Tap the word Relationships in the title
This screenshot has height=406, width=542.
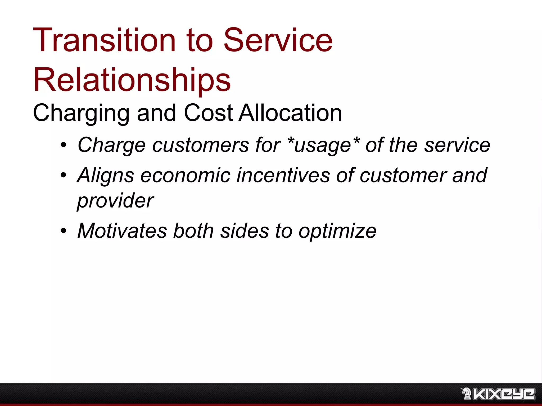132,80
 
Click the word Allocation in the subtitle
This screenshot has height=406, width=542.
290,113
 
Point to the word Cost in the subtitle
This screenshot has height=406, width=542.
208,113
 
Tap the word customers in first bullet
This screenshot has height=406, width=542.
200,145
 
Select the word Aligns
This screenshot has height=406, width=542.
106,176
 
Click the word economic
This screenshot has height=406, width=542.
185,176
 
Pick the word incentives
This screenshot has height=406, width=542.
283,176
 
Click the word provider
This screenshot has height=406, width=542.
115,201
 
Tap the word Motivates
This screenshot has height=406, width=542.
122,231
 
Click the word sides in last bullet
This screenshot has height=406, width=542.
245,231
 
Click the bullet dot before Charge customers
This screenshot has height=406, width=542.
63,145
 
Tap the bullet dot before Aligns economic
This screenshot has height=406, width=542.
63,175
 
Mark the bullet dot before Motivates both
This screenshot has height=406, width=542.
63,231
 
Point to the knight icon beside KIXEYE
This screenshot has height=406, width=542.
466,394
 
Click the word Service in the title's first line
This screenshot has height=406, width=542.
278,40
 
